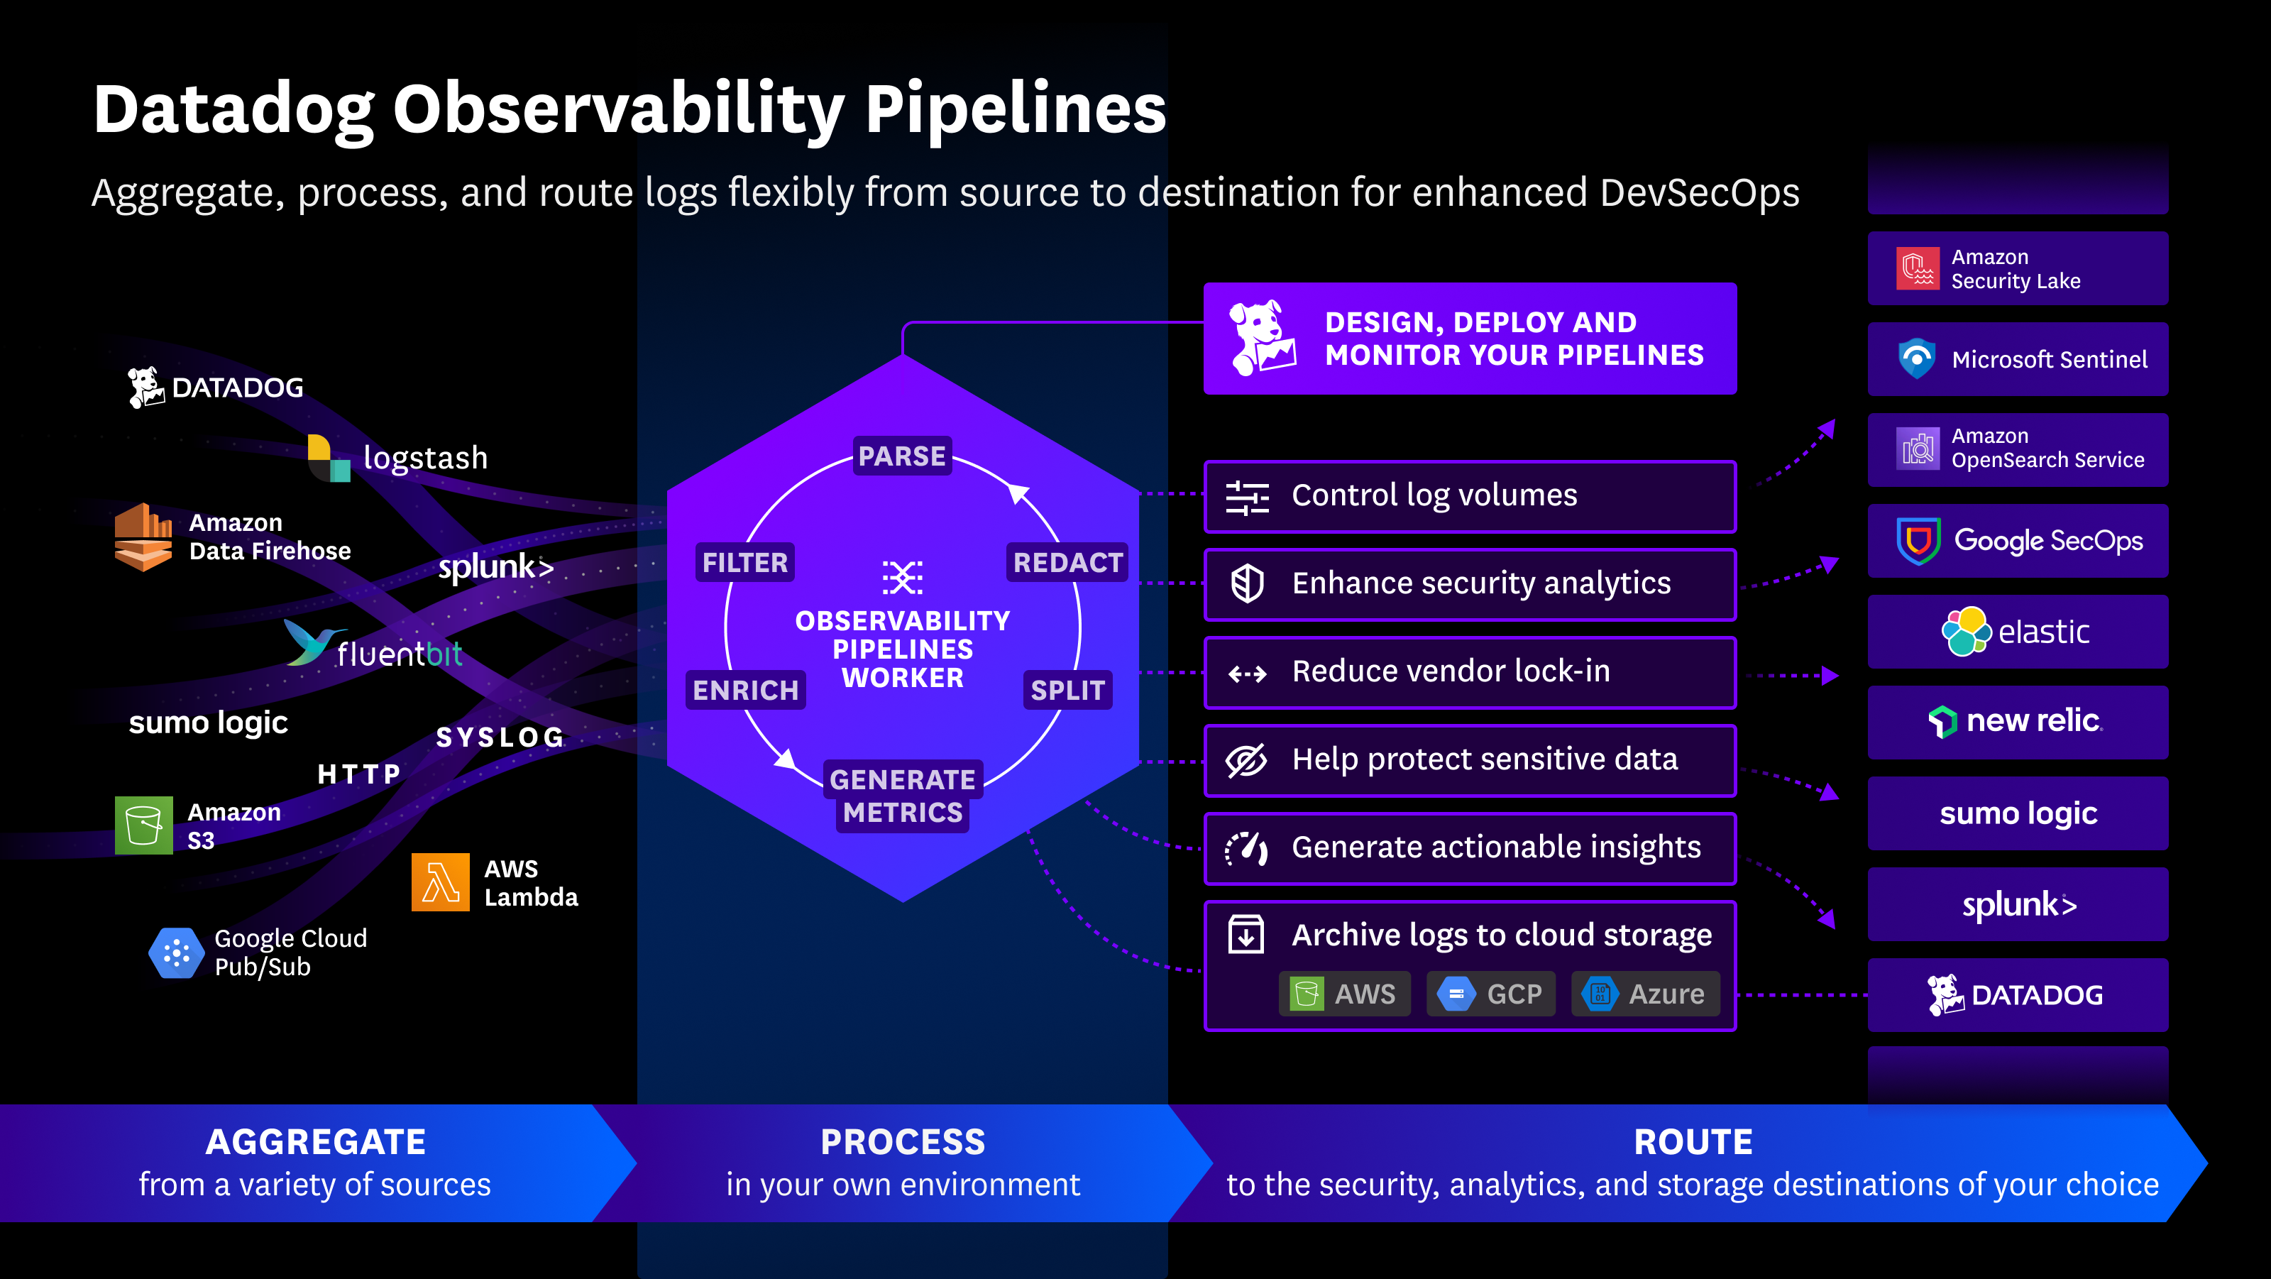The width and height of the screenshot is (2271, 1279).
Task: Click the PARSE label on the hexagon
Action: coord(902,456)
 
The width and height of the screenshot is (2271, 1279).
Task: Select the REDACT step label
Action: coord(1067,562)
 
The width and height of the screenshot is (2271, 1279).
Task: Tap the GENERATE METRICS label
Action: coord(902,795)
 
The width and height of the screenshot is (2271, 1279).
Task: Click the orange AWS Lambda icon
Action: coord(441,882)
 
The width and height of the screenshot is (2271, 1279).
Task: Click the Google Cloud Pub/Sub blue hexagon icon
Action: coord(176,952)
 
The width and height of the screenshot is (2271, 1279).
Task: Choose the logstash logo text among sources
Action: coord(425,458)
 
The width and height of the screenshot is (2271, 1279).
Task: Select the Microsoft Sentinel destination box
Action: coord(2017,358)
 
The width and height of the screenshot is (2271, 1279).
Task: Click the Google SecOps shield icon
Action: coord(1918,540)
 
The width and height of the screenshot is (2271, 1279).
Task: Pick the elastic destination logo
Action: coord(2017,631)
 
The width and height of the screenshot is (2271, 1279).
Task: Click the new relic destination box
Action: coord(2017,722)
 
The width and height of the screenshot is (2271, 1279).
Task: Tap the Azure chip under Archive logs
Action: coord(1645,994)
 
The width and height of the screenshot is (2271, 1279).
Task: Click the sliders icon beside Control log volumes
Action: coord(1248,497)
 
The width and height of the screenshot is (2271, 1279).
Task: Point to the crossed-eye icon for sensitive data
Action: coord(1247,760)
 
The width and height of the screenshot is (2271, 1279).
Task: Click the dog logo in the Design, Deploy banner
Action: coord(1262,339)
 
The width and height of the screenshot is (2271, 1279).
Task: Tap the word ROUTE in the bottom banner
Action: coord(1693,1141)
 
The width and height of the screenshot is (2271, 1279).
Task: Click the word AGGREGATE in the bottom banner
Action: coord(316,1141)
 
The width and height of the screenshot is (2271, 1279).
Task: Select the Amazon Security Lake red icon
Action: coord(1918,268)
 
